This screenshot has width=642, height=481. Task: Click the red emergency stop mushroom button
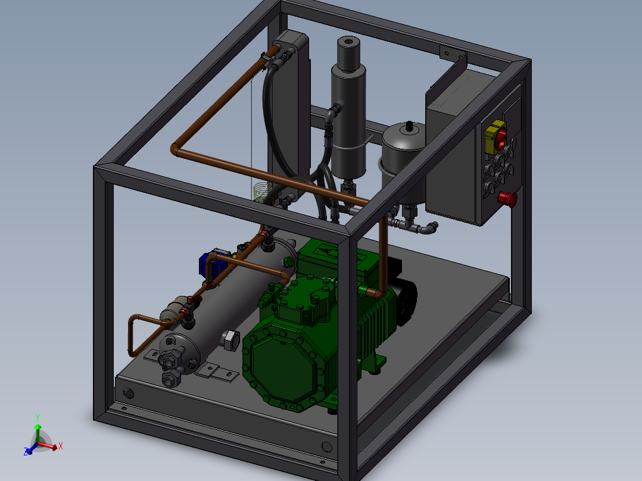(507, 199)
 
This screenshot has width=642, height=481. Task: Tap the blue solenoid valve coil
(213, 263)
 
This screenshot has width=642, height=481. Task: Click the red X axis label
(61, 446)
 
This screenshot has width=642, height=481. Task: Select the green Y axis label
(38, 417)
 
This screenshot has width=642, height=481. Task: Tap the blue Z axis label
(26, 451)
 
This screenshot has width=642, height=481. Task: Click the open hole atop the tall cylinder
(348, 41)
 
